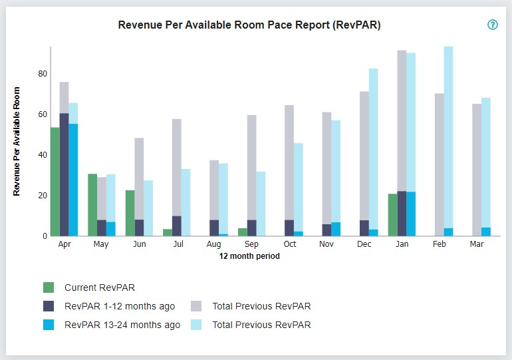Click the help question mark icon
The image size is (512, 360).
(493, 25)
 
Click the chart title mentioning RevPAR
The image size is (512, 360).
(249, 25)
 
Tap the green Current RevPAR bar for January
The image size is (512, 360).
(393, 214)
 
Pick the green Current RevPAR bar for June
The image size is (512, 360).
(130, 213)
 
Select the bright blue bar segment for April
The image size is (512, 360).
(73, 180)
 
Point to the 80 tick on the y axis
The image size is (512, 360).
(43, 74)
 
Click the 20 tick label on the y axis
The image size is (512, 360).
(43, 196)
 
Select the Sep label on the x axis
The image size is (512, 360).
(251, 244)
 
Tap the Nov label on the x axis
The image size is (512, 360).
(326, 244)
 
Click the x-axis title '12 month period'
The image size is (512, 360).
(249, 256)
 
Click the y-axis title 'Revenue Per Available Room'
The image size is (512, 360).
(17, 142)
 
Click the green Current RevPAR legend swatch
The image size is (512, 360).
(49, 287)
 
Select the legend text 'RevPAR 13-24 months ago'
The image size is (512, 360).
(122, 325)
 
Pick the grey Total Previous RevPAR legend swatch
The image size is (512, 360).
(197, 306)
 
